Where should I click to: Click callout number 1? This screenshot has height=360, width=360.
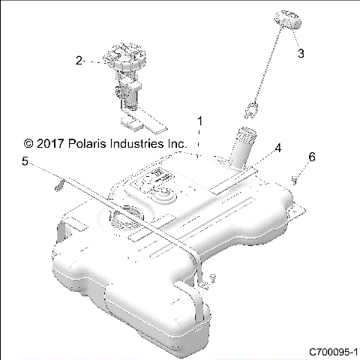[x=199, y=121]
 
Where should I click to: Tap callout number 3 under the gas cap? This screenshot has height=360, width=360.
[x=301, y=53]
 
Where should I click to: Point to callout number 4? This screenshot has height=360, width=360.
[x=277, y=148]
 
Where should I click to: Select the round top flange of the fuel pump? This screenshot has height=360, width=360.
[x=125, y=59]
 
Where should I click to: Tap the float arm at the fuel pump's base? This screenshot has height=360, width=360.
[x=147, y=116]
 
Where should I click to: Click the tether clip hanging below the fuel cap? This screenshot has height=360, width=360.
[x=253, y=110]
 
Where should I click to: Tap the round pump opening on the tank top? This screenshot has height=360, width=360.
[x=124, y=219]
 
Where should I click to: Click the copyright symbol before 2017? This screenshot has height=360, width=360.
[x=28, y=142]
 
